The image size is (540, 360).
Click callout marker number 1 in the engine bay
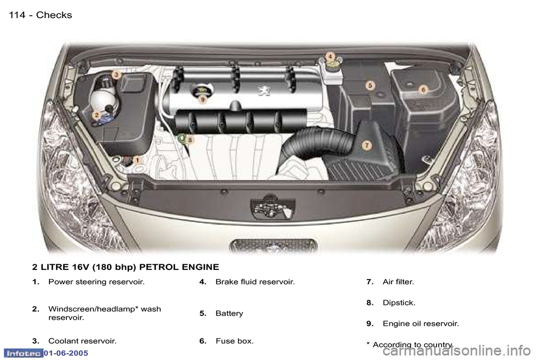coord(137,160)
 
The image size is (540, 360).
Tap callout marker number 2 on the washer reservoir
coord(96,115)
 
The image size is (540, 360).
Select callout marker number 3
coord(116,74)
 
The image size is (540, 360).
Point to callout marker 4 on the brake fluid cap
coord(330,56)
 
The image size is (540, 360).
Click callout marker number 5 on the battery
coord(370,85)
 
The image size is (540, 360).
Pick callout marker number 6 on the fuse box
coord(423,89)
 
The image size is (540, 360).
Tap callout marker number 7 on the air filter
coord(366,145)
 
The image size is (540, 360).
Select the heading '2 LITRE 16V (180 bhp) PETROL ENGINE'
coord(125,266)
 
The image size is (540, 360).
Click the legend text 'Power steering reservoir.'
coord(96,281)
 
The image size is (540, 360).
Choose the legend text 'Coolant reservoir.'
coord(82,341)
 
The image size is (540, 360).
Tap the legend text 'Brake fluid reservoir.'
coord(255,281)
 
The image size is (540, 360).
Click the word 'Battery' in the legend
coord(229,313)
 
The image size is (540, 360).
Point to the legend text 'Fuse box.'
coord(234,341)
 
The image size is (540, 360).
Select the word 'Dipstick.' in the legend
coord(399,303)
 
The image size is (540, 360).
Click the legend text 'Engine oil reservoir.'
coord(420,324)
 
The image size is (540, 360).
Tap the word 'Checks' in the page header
coord(54,15)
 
